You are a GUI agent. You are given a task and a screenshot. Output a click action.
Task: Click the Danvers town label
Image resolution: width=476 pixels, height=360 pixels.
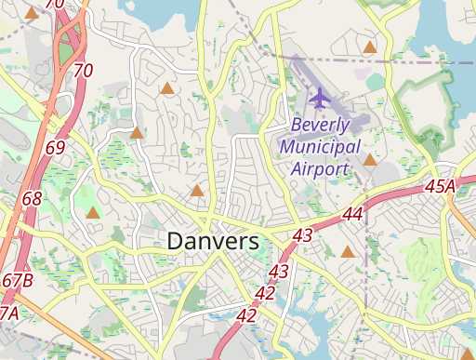point(213,240)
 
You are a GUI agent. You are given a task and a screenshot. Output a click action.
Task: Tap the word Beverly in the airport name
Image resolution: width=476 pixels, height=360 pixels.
point(320,125)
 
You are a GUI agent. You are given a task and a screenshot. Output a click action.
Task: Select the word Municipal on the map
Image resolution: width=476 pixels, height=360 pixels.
point(320,147)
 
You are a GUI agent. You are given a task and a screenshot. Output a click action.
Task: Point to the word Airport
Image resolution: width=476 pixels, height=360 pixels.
point(320,168)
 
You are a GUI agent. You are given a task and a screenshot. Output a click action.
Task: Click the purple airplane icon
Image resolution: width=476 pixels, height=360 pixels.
point(320,97)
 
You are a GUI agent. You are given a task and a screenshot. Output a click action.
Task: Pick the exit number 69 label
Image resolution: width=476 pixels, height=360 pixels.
point(55,149)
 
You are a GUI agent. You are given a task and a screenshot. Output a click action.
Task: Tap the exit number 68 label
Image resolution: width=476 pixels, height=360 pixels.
point(33,199)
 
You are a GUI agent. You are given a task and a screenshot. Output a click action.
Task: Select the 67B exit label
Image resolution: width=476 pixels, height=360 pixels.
point(18,280)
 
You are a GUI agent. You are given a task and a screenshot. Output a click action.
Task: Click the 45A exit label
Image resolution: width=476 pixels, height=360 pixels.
point(440,188)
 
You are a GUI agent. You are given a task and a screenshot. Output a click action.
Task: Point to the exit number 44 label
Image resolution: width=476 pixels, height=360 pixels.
point(352,214)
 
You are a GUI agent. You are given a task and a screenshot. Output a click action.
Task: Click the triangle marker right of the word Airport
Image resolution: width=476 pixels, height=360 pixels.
point(370,160)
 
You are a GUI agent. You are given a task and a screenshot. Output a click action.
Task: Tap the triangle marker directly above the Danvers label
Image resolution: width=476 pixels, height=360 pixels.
point(197,191)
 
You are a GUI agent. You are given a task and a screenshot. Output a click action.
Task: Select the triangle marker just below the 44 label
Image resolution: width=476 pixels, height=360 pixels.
point(348,251)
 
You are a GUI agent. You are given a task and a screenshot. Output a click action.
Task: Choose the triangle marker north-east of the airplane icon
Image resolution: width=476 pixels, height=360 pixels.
point(370,47)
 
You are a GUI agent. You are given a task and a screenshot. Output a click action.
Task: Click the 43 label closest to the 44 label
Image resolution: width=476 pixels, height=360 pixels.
point(302,236)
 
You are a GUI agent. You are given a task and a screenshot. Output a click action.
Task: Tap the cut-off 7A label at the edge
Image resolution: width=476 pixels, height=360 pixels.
point(8,313)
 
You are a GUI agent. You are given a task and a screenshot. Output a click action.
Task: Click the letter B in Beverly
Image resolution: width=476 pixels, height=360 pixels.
point(297,125)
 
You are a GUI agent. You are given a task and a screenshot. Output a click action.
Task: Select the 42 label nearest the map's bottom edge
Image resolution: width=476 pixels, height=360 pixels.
point(246,316)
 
